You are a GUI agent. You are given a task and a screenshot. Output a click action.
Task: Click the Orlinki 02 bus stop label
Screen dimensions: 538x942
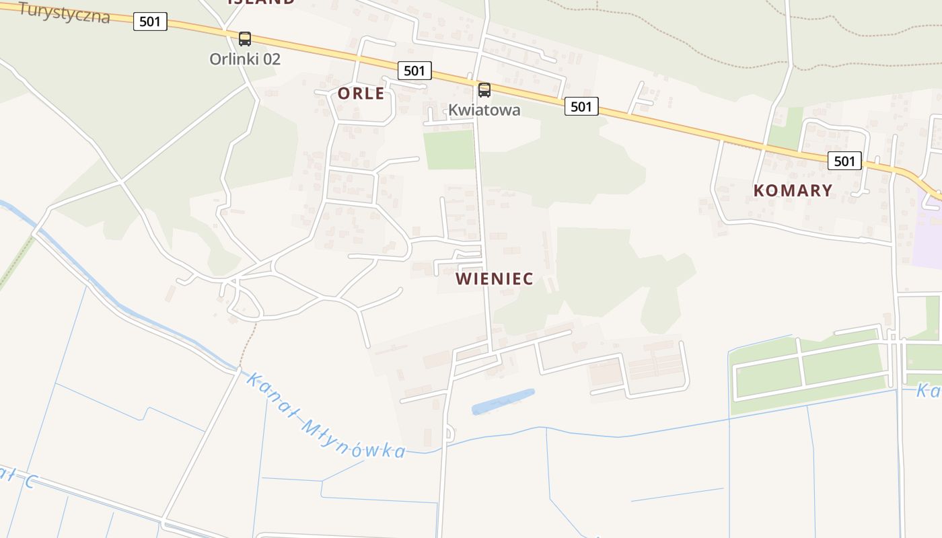click(x=245, y=59)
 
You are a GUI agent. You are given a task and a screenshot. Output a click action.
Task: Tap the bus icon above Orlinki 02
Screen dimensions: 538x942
click(x=245, y=39)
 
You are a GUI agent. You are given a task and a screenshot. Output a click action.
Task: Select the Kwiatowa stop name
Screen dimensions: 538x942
click(x=484, y=110)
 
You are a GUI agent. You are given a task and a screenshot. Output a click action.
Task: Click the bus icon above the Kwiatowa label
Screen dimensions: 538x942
click(x=484, y=90)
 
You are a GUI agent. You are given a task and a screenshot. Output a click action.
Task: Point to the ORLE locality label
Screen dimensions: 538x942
click(x=361, y=93)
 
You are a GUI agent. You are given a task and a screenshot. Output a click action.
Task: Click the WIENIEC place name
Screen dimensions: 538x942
click(x=495, y=278)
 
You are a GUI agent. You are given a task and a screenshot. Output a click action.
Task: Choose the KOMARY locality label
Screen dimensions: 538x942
click(x=793, y=190)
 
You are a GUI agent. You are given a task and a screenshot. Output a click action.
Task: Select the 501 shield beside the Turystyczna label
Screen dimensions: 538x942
click(x=149, y=22)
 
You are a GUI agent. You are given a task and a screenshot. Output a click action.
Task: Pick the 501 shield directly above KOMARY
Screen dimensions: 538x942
click(x=844, y=161)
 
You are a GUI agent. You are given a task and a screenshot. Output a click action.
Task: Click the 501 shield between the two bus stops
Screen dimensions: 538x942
click(x=414, y=70)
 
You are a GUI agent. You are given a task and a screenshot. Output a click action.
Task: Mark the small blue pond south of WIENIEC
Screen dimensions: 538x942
click(x=503, y=401)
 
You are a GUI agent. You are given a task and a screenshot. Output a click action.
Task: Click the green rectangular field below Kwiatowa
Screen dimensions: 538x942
click(x=449, y=149)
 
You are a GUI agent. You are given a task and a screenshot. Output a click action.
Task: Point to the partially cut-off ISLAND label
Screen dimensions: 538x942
click(x=261, y=2)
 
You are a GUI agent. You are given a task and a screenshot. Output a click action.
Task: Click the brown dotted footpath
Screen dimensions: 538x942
click(x=248, y=344)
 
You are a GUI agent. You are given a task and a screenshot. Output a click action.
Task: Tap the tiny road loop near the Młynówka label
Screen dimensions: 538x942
click(x=449, y=434)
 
